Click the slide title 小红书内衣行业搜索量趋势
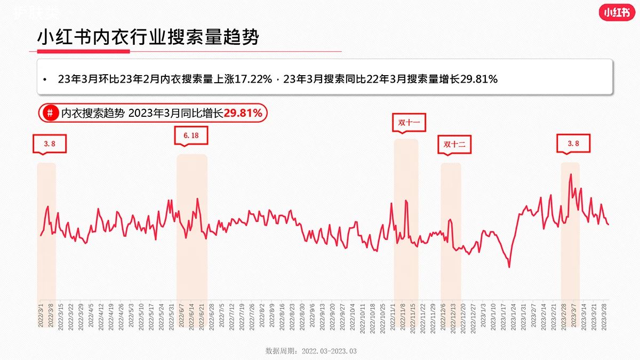tap(148, 37)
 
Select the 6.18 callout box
tap(191, 135)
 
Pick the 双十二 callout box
tap(455, 144)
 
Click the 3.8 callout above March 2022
tap(50, 143)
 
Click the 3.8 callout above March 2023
tap(573, 143)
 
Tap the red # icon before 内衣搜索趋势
tap(50, 113)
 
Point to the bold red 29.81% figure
tap(243, 113)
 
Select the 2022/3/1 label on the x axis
tap(41, 317)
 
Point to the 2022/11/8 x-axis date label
tap(404, 317)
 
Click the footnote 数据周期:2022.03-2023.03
tap(310, 351)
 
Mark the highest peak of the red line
tap(571, 174)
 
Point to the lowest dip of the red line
tap(509, 267)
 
